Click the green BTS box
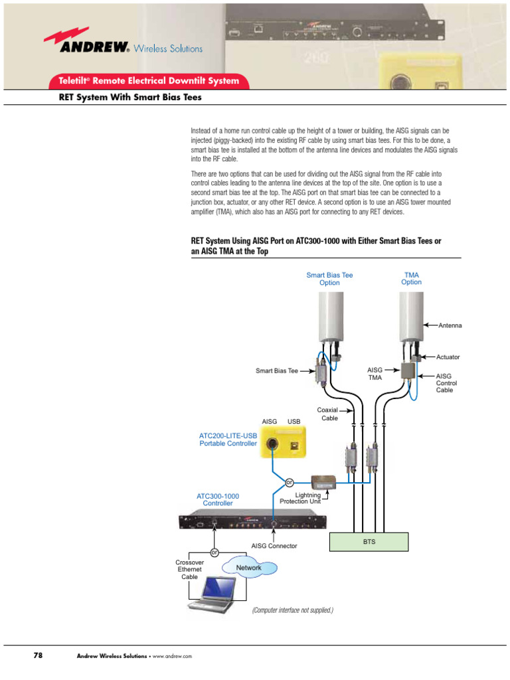coord(369,542)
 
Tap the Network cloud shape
coord(249,568)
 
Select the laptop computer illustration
coord(211,595)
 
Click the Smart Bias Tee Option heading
coord(329,278)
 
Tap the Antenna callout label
coord(450,325)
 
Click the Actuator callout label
coord(448,357)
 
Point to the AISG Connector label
coord(274,546)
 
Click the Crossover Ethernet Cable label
coord(190,569)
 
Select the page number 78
coord(38,655)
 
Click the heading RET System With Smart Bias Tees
coord(130,98)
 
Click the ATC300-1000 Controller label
coord(218,499)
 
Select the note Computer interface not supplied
coord(292,610)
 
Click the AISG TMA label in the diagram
coord(375,373)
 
